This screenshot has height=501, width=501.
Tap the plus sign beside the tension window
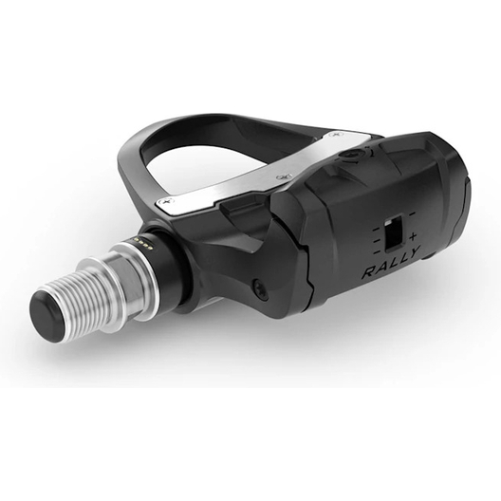pyautogui.click(x=413, y=237)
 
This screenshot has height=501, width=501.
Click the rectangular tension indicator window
pyautogui.click(x=394, y=233)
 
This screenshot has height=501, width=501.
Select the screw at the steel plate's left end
pyautogui.click(x=166, y=201)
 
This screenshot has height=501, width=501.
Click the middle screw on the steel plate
pyautogui.click(x=284, y=176)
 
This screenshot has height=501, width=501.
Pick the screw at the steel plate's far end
pyautogui.click(x=335, y=135)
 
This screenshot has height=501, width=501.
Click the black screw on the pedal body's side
pyautogui.click(x=260, y=288)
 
